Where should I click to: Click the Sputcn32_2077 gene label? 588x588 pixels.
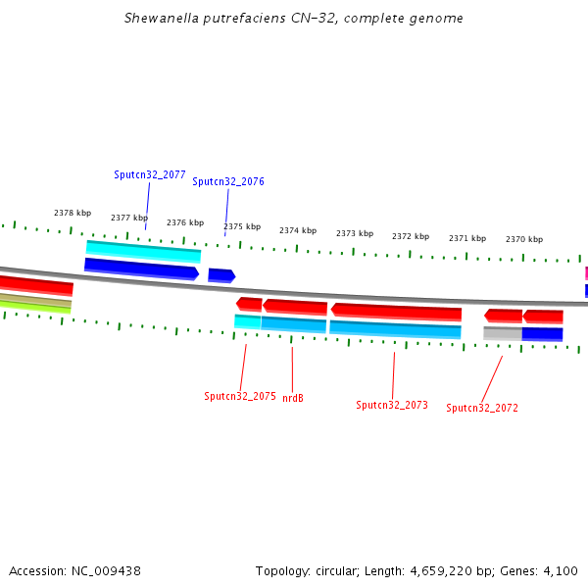[150, 174]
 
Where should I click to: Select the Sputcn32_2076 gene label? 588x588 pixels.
[228, 181]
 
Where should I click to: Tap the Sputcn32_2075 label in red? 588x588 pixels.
[240, 396]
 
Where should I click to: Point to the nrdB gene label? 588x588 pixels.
[293, 398]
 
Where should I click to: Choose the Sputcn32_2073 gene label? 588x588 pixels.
[392, 405]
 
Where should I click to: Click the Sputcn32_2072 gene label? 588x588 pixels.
[482, 408]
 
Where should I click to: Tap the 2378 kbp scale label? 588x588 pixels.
[73, 213]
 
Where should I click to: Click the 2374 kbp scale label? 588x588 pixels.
[298, 230]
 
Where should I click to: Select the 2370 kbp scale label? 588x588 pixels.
[524, 239]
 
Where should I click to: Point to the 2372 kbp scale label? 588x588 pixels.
[411, 236]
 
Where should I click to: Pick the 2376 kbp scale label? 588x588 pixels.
[185, 222]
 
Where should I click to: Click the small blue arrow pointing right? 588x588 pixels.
[221, 275]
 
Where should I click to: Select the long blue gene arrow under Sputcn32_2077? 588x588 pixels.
[141, 268]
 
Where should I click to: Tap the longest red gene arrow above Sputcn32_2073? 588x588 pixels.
[396, 313]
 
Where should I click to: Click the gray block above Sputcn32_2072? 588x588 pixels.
[502, 333]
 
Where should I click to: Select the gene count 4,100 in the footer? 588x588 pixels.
[561, 570]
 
